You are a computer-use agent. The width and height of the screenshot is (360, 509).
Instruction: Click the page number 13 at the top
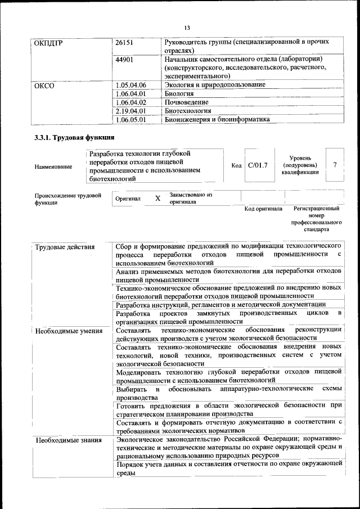tap(187, 27)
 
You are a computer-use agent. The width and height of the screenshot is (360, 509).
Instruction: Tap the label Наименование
tap(53, 166)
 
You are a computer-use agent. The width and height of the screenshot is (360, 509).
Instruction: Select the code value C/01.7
tap(258, 165)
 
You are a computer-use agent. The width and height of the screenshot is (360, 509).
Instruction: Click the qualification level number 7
tap(335, 165)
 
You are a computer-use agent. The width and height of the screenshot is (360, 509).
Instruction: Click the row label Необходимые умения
tap(69, 331)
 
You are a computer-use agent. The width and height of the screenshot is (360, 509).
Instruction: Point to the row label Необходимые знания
tap(68, 440)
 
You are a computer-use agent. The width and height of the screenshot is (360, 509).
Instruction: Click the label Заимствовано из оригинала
tap(191, 198)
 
